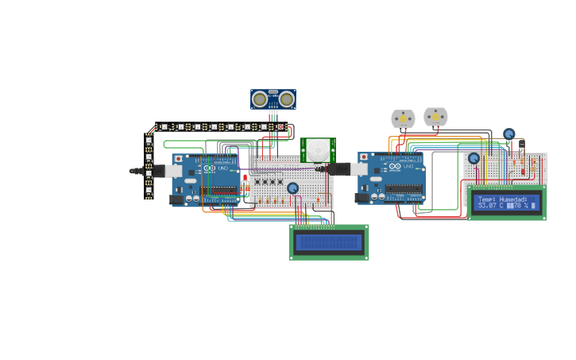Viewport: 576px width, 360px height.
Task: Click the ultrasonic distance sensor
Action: [x=273, y=99]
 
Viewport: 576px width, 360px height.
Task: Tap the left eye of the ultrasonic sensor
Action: [x=260, y=99]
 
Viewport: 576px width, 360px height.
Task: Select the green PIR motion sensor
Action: [x=318, y=149]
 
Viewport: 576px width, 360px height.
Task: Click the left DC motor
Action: [x=403, y=119]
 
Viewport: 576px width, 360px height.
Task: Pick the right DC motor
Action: [x=435, y=117]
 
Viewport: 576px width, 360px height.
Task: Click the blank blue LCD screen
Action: [x=328, y=242]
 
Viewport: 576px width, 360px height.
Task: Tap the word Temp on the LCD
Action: [x=487, y=199]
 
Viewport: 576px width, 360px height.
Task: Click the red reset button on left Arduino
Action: [x=178, y=159]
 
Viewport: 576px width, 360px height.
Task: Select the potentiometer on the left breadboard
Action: [x=292, y=188]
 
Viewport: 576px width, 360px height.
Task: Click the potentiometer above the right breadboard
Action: [x=508, y=134]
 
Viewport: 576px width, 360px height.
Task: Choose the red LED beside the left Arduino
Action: [x=245, y=177]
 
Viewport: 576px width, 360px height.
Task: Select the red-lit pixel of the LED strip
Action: [x=280, y=126]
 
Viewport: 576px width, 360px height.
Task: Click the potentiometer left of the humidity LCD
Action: [x=474, y=158]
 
